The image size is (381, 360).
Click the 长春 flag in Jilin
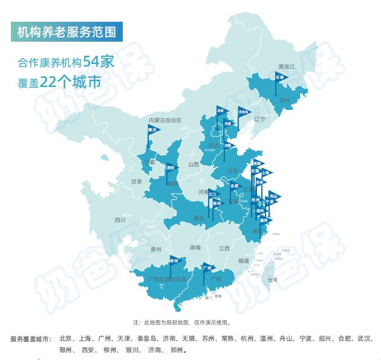(x=279, y=78)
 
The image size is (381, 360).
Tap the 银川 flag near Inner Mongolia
(x=152, y=129)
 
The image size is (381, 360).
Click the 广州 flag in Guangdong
(x=207, y=267)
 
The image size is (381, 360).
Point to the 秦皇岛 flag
(x=244, y=112)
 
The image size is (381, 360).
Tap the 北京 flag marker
(x=221, y=111)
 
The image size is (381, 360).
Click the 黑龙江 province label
(x=285, y=66)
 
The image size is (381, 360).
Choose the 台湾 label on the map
(x=272, y=280)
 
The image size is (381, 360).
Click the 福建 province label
(x=244, y=260)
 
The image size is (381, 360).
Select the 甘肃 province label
(x=135, y=181)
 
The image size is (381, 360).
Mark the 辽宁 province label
(x=260, y=119)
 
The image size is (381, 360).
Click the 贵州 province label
(x=157, y=249)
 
